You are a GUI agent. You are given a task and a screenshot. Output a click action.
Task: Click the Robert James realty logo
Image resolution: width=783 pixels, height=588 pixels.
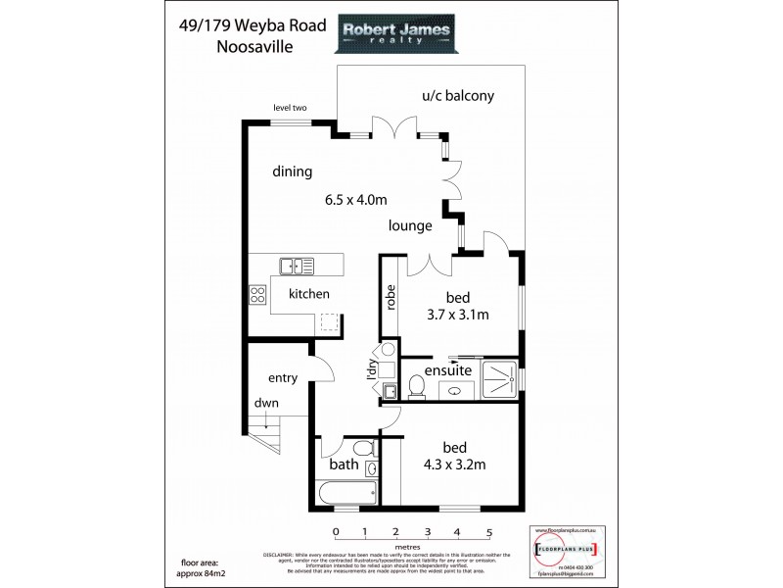(395, 36)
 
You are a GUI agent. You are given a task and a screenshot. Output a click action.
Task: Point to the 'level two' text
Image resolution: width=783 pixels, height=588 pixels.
(291, 109)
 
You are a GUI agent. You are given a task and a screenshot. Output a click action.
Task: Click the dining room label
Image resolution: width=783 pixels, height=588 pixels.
(292, 171)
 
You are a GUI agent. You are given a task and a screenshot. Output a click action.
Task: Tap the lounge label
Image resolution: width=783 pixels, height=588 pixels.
(410, 225)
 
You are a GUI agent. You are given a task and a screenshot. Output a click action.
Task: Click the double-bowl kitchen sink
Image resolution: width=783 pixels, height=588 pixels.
(295, 265)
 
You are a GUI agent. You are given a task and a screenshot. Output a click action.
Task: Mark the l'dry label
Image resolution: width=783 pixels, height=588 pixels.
(372, 370)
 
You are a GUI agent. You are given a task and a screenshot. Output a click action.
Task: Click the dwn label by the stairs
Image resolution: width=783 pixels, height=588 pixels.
(264, 402)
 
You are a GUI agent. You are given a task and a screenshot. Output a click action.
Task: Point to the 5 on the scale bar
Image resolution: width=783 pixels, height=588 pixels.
(488, 532)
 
